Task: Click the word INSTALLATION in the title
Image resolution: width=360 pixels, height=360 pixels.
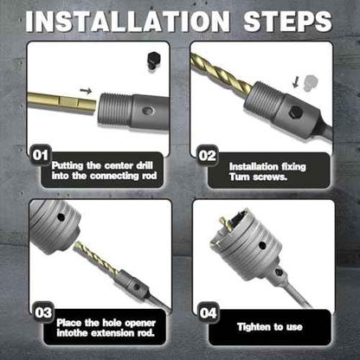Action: pyautogui.click(x=127, y=22)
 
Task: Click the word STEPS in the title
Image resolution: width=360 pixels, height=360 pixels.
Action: pyautogui.click(x=287, y=22)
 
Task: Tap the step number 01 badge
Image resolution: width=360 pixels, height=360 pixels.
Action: pyautogui.click(x=41, y=155)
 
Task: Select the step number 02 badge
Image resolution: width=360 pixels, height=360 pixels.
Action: pyautogui.click(x=207, y=156)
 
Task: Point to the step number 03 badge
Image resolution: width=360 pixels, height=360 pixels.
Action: pyautogui.click(x=43, y=312)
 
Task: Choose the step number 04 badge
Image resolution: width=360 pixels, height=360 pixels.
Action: pyautogui.click(x=209, y=312)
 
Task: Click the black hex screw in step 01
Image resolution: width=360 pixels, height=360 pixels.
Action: pyautogui.click(x=152, y=61)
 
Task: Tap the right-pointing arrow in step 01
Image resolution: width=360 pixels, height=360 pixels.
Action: pyautogui.click(x=86, y=91)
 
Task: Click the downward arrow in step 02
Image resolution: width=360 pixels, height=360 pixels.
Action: pyautogui.click(x=295, y=82)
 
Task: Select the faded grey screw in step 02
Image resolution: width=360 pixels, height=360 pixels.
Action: pyautogui.click(x=310, y=83)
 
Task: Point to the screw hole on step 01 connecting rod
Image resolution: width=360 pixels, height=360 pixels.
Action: pyautogui.click(x=148, y=111)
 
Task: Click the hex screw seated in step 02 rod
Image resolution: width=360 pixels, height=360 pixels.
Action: pyautogui.click(x=296, y=112)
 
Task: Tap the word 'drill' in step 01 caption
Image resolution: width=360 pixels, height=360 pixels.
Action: pyautogui.click(x=144, y=165)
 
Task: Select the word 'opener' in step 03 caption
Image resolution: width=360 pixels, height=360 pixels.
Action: pyautogui.click(x=141, y=323)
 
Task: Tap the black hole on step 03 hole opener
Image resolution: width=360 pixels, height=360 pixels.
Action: pyautogui.click(x=61, y=217)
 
